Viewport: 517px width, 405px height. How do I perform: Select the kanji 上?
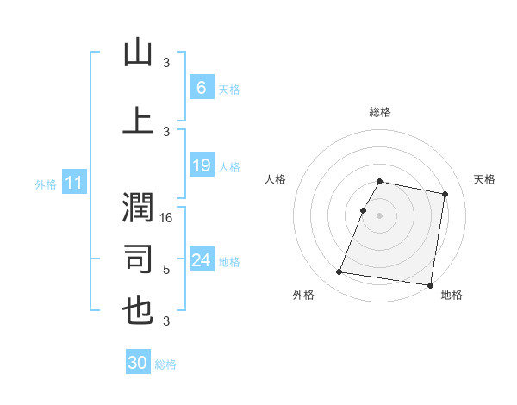point(138,121)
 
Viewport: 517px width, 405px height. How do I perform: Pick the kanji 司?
point(138,259)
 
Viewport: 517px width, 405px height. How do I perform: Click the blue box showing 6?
point(201,88)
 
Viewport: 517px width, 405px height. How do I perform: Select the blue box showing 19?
point(201,165)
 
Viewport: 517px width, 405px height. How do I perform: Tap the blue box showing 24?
point(201,260)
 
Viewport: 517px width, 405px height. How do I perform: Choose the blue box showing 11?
point(73,183)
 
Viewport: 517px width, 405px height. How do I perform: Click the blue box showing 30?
point(138,363)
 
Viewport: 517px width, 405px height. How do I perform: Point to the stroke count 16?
point(168,218)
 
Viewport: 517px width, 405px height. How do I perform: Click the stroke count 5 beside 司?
point(166,270)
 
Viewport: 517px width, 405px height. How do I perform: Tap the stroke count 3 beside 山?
point(166,63)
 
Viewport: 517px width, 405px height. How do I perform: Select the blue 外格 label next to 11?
point(45,184)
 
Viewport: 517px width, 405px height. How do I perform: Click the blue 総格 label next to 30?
point(165,364)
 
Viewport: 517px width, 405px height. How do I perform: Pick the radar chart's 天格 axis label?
point(484,179)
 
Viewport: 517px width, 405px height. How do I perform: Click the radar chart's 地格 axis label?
point(452,295)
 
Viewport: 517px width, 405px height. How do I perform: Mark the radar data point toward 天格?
point(445,195)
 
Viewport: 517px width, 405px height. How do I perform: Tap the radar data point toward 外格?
point(339,272)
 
